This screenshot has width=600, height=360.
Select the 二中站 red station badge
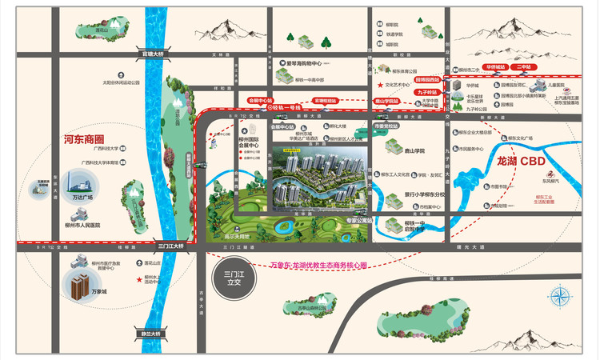pos(524,67)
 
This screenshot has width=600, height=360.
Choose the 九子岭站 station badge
pos(425,93)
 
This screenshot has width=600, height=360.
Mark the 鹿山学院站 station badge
pos(388,102)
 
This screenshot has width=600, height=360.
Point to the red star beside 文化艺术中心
pos(380,84)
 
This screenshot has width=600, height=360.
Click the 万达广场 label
pos(82,197)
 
